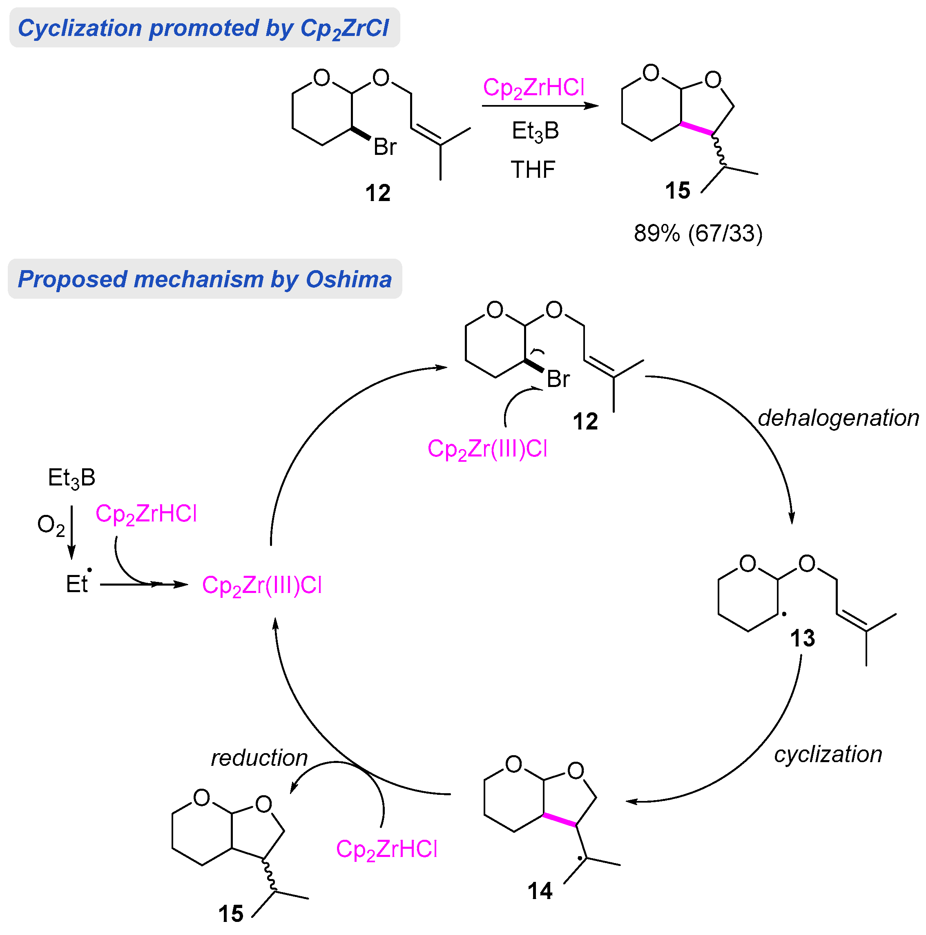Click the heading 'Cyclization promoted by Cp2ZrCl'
(x=203, y=28)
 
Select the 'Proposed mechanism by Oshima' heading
(x=205, y=279)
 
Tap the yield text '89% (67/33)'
(x=698, y=233)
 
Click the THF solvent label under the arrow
(x=533, y=170)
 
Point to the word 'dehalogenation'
(x=838, y=418)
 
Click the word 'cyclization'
(x=828, y=754)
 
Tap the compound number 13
(x=802, y=638)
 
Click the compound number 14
(x=540, y=891)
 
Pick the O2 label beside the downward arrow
(x=51, y=525)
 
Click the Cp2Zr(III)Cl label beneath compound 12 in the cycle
(x=487, y=449)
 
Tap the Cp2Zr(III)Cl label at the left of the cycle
(x=262, y=585)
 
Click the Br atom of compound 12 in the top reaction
(x=385, y=147)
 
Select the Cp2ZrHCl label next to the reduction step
(x=386, y=849)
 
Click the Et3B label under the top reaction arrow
(x=535, y=131)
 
